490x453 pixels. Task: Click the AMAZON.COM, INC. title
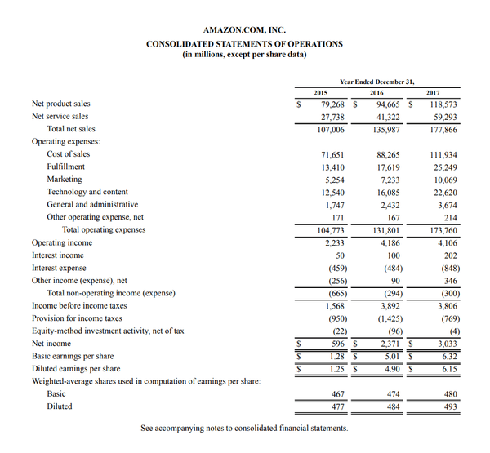pos(244,30)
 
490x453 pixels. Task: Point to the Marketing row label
pos(65,179)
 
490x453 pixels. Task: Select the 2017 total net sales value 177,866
pos(441,129)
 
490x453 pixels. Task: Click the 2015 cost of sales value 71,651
pos(332,154)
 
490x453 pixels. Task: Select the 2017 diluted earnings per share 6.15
pos(448,369)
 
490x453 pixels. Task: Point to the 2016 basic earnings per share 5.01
pos(393,356)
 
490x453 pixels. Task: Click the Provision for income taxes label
pos(77,318)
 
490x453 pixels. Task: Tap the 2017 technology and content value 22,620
pos(443,192)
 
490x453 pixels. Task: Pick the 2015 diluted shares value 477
pos(336,406)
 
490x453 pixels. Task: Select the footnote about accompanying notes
pos(244,428)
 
